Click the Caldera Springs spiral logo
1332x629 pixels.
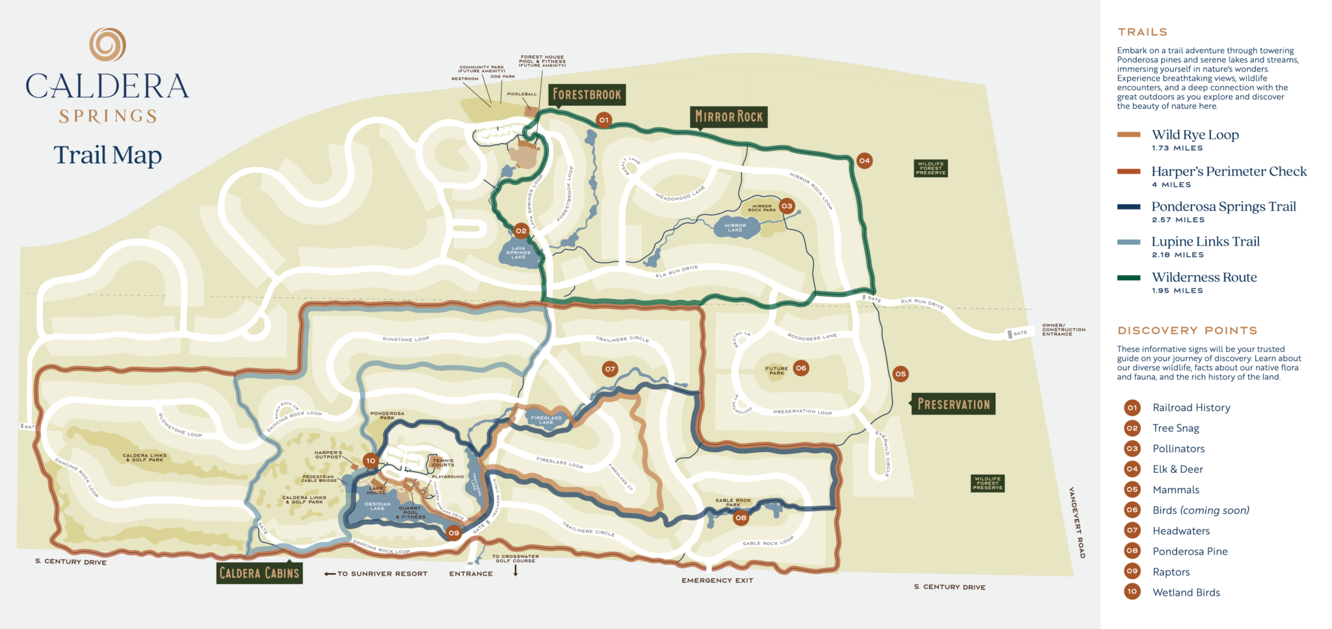[107, 44]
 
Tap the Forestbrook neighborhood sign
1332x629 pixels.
[587, 95]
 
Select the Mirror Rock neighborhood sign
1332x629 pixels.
[728, 117]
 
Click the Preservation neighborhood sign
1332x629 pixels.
[953, 404]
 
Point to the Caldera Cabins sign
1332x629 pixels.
[260, 573]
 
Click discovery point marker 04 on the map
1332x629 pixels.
[864, 161]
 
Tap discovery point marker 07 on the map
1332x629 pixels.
[609, 369]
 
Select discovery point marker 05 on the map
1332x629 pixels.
[900, 374]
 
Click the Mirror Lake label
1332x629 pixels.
[735, 228]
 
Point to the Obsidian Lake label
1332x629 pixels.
[377, 506]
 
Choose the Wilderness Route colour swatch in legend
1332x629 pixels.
[1128, 278]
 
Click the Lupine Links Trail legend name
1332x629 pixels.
[1205, 242]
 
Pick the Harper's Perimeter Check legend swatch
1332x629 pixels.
[1128, 172]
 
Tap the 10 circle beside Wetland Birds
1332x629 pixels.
[1132, 592]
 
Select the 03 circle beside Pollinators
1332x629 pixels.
[1132, 448]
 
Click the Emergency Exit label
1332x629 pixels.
[717, 580]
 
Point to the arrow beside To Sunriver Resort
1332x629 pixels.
[329, 574]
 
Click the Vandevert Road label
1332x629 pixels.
[1076, 522]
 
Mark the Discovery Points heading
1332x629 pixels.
[1187, 330]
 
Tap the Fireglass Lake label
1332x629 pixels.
[546, 420]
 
